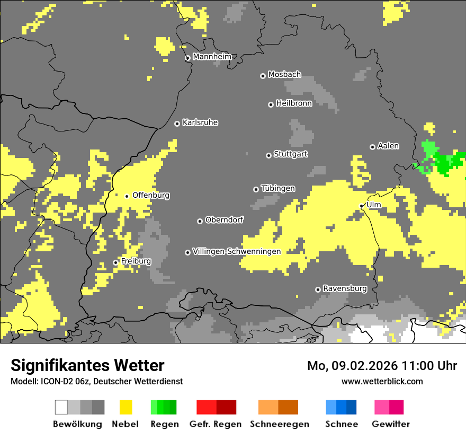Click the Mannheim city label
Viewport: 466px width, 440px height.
[212, 57]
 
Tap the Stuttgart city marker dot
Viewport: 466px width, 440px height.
[268, 155]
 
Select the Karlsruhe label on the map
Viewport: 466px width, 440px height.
[200, 122]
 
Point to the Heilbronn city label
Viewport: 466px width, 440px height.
[294, 103]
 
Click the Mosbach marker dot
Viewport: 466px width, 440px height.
[263, 76]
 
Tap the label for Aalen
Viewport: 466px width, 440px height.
[388, 146]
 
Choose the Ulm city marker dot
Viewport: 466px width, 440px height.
[362, 206]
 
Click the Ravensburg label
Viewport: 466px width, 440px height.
[345, 288]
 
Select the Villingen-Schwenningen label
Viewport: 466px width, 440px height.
[237, 251]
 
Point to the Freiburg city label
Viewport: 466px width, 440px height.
[136, 261]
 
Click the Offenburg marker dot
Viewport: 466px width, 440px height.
[127, 196]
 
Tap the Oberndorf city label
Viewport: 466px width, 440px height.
[225, 220]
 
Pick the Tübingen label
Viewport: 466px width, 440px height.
[278, 188]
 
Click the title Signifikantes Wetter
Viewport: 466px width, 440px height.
[87, 366]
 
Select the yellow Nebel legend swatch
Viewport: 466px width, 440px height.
[126, 407]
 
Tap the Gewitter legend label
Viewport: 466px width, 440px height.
[390, 424]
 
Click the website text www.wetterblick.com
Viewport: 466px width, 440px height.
[382, 381]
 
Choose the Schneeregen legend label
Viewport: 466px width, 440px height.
[279, 424]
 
